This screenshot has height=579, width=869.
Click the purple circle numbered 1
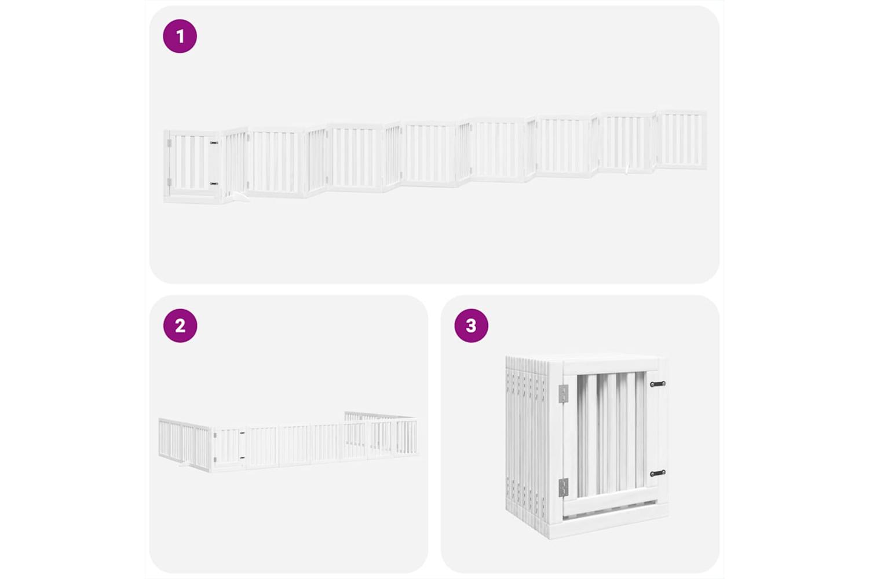point(180,36)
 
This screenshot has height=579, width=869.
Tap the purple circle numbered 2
point(180,325)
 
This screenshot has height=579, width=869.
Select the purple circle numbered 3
point(471,325)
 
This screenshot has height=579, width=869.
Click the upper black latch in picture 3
point(658,384)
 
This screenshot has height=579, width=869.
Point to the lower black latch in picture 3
point(658,473)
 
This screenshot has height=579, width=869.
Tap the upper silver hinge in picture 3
point(563,394)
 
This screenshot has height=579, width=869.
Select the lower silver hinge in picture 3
point(563,488)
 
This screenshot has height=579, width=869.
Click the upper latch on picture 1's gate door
point(214,143)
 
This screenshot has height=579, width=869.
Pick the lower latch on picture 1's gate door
point(214,184)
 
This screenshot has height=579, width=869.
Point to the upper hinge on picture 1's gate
point(169,144)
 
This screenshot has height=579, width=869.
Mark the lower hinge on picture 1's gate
point(169,182)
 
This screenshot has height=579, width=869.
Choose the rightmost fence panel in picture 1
point(681,140)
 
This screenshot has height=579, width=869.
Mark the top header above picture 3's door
point(611,365)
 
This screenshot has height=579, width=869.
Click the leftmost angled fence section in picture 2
point(185,445)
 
